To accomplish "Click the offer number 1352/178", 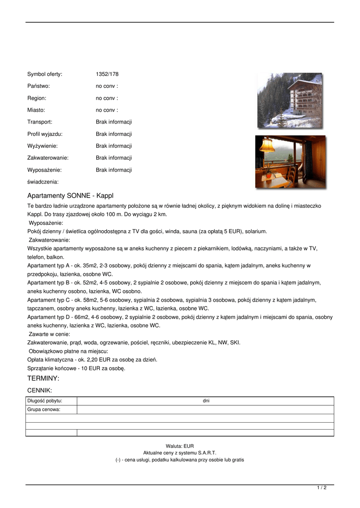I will click(x=107, y=74).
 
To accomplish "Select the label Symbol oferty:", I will click(x=45, y=74).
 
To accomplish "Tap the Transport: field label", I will click(x=40, y=122).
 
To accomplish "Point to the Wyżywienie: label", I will click(x=42, y=146).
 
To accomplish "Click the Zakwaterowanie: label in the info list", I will click(x=48, y=158).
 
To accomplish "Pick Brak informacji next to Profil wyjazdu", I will click(x=114, y=134).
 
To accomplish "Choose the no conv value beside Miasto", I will click(x=107, y=110).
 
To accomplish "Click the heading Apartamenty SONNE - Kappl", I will click(x=70, y=196).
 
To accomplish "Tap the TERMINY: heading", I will click(x=43, y=379).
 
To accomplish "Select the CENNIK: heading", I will click(x=40, y=391).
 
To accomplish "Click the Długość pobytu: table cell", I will click(x=45, y=401).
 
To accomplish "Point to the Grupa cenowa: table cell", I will click(x=44, y=410).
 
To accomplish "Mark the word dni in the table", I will click(x=206, y=401).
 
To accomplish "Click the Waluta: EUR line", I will click(x=180, y=446).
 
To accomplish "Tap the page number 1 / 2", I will click(x=322, y=488).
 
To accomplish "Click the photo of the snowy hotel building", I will click(x=289, y=100).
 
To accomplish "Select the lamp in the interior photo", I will click(x=267, y=145).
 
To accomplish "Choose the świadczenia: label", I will click(x=43, y=182).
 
